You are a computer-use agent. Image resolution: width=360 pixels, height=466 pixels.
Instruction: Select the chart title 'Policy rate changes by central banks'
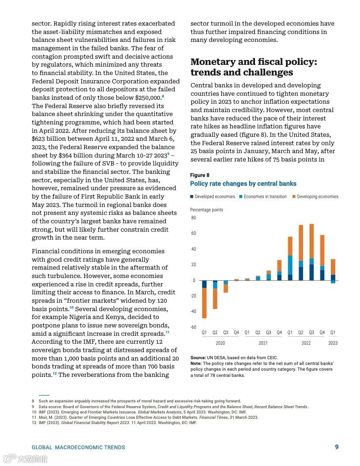tap(243, 184)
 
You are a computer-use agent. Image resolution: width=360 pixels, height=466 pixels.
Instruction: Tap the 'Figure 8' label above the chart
tap(200, 175)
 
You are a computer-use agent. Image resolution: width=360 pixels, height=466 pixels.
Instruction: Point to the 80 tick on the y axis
tap(193, 218)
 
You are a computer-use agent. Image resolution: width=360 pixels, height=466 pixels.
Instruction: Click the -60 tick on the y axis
tap(193, 327)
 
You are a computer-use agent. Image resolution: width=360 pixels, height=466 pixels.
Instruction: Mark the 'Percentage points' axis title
tap(206, 210)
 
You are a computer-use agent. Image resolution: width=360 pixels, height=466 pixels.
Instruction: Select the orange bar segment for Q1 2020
tap(204, 303)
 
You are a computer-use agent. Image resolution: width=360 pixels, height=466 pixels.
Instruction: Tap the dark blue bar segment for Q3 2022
tap(311, 272)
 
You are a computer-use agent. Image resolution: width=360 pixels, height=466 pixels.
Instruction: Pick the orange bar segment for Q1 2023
tap(333, 267)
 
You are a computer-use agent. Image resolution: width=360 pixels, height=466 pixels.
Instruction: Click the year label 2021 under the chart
tap(263, 343)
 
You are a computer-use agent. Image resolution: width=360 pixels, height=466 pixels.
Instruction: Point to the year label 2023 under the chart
tap(333, 343)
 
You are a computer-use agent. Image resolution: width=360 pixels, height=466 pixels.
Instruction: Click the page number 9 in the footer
tap(337, 447)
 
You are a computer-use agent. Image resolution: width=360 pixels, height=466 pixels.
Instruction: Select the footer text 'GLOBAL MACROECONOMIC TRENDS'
tap(78, 447)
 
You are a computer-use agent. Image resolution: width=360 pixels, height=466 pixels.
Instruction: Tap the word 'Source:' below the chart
tap(198, 357)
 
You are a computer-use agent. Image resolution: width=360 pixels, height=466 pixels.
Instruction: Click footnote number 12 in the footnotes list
tap(33, 423)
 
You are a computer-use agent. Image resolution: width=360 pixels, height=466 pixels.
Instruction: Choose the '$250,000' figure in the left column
tap(147, 98)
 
